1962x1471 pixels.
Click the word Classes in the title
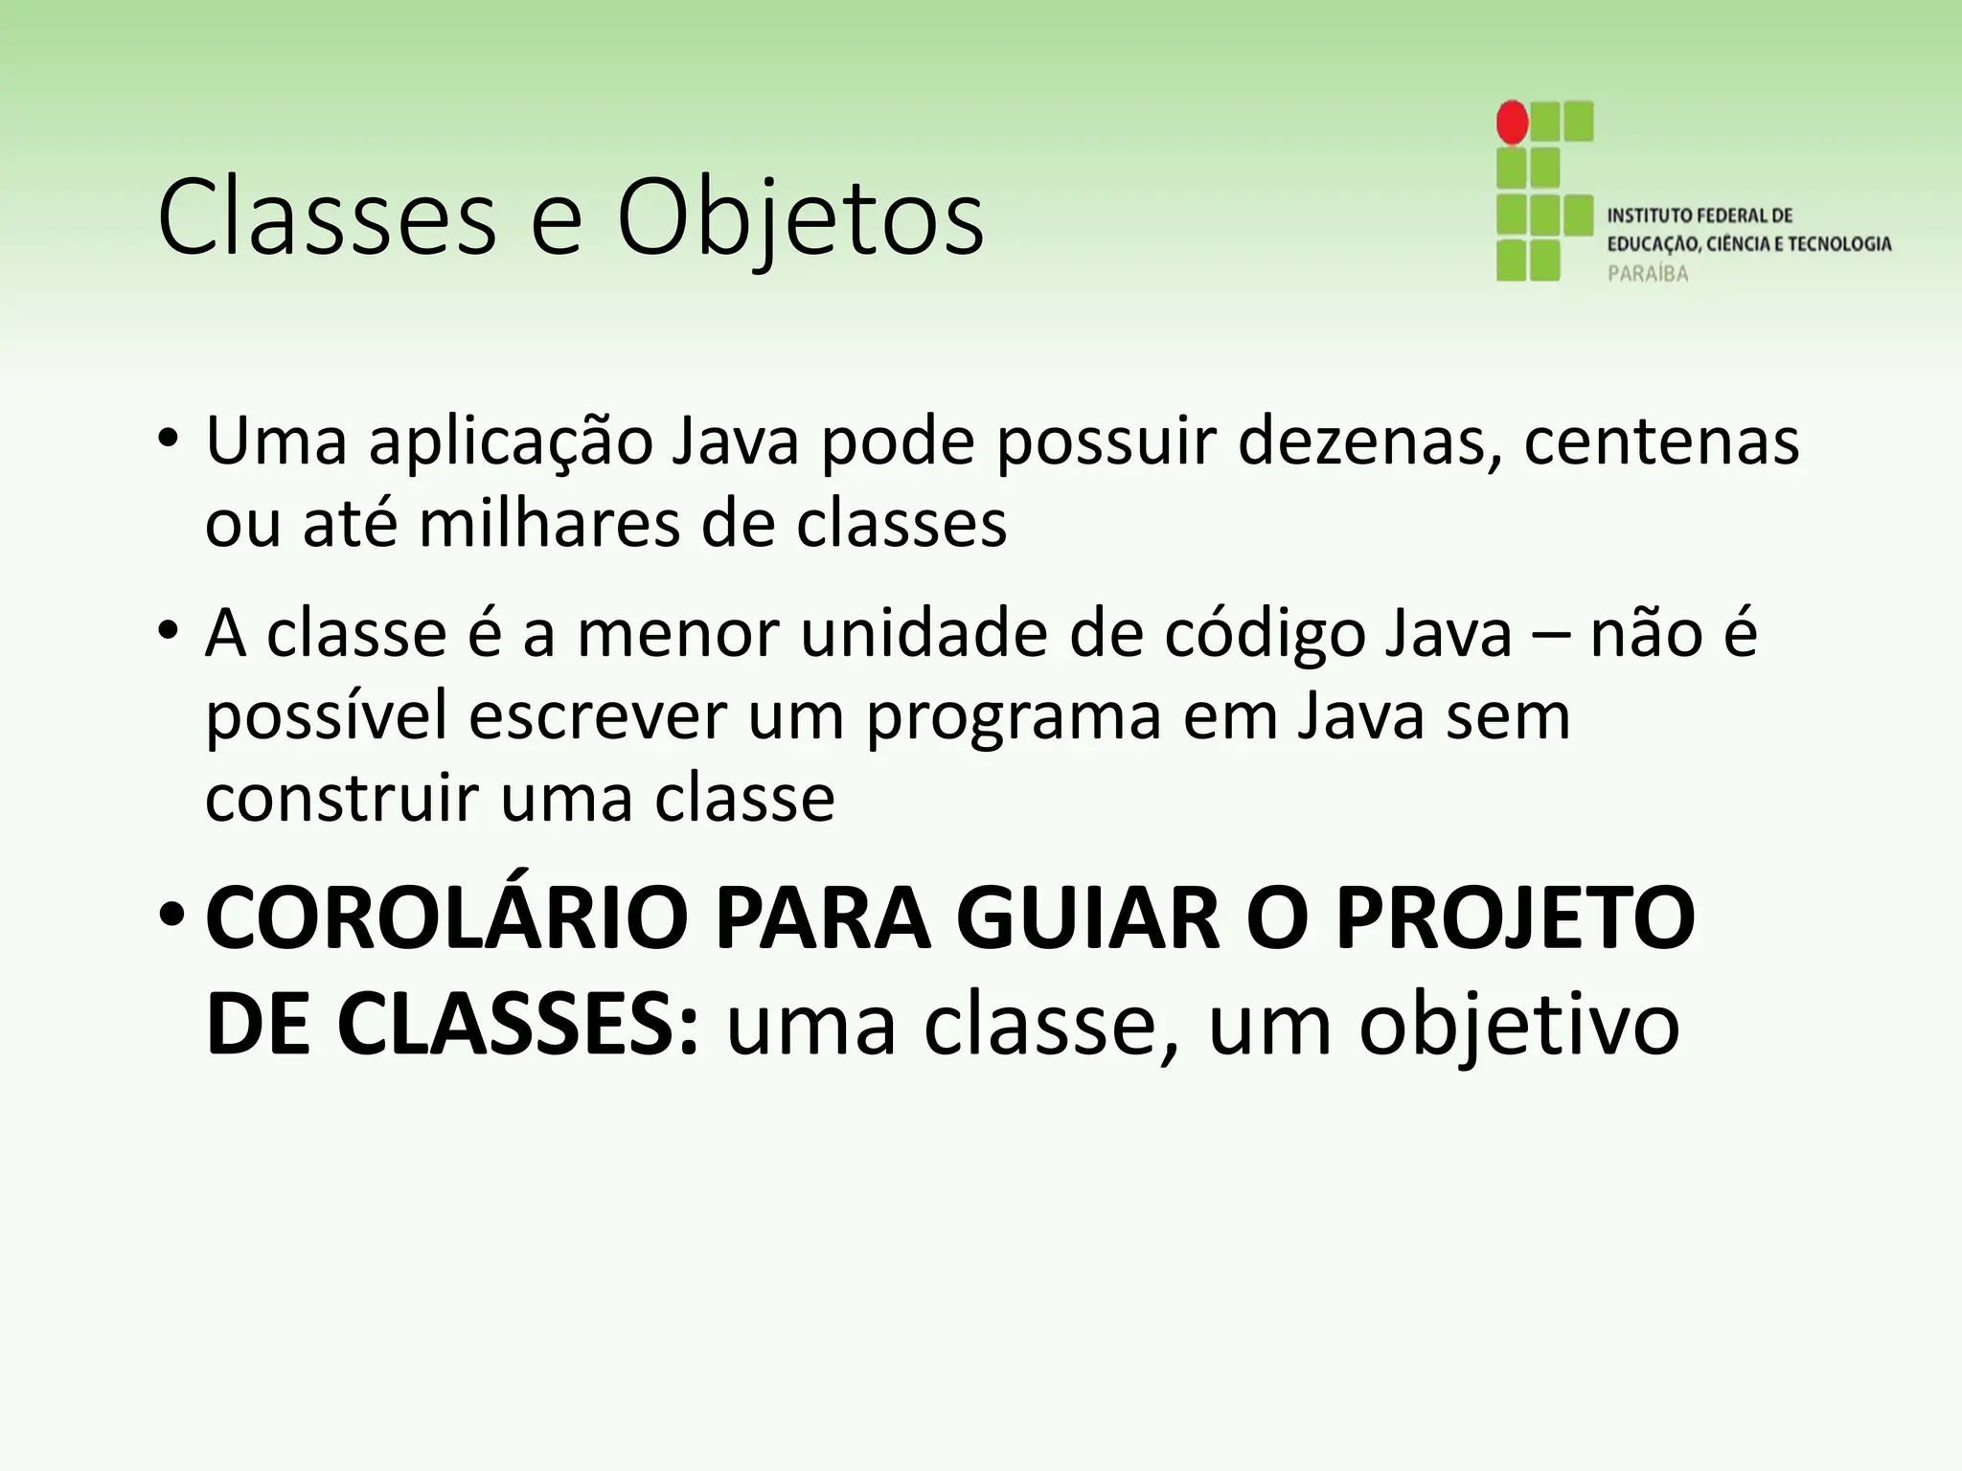click(x=327, y=218)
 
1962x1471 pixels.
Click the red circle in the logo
click(x=1512, y=123)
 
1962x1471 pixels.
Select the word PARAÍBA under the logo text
click(x=1648, y=274)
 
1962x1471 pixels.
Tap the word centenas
click(x=1662, y=441)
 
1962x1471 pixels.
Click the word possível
click(x=326, y=716)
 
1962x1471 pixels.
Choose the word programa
click(x=1014, y=716)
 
